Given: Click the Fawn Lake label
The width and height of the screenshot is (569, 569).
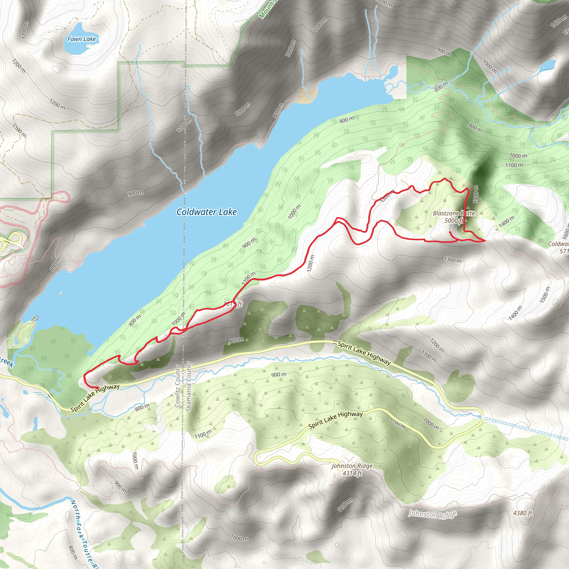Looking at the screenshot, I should tap(82, 39).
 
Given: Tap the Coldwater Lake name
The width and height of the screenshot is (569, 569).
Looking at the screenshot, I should tap(206, 212).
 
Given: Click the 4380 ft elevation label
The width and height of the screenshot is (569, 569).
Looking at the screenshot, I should tap(523, 513).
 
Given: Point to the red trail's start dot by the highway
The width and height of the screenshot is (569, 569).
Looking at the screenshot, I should tap(97, 388).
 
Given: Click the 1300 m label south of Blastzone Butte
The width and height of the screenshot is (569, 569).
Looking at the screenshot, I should tap(453, 260).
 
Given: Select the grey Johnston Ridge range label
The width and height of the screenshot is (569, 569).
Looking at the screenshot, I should tap(432, 515).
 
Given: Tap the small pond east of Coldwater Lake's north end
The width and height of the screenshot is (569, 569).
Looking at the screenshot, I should tap(393, 71).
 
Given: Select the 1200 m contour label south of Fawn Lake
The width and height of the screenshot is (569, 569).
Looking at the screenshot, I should tap(57, 104).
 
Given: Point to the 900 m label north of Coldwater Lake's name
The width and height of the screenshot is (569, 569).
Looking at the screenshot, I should tap(136, 193).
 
